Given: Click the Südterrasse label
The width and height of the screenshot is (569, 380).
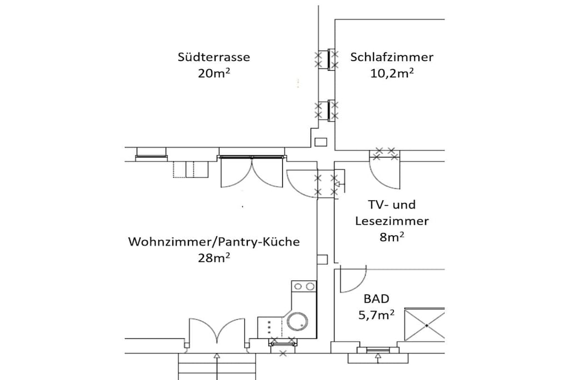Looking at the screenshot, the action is tap(214, 57).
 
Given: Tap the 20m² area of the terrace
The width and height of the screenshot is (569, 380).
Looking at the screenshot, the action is tap(214, 73).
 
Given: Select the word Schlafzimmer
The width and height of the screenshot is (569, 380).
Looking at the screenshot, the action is tap(392, 57).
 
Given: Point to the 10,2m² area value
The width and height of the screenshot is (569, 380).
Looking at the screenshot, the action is tap(392, 73).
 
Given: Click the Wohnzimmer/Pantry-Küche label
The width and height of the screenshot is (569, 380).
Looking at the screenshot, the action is tap(214, 242).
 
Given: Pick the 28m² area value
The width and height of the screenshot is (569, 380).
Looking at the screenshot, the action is tap(214, 258).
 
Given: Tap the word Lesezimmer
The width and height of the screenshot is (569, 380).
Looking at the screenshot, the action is tap(392, 221).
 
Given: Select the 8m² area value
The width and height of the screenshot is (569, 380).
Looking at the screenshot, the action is tap(392, 237).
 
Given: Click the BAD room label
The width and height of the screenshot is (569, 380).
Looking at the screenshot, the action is tap(376, 299).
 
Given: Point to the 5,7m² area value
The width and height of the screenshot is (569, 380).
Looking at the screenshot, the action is tap(376, 315).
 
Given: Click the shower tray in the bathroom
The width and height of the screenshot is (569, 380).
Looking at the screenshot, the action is tap(425, 325).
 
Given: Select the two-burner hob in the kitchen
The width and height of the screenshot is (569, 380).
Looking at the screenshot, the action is tap(304, 287).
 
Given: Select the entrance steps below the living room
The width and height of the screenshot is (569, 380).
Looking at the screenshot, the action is tap(217, 366).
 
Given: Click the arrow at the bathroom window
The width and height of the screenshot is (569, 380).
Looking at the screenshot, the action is tap(378, 358).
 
